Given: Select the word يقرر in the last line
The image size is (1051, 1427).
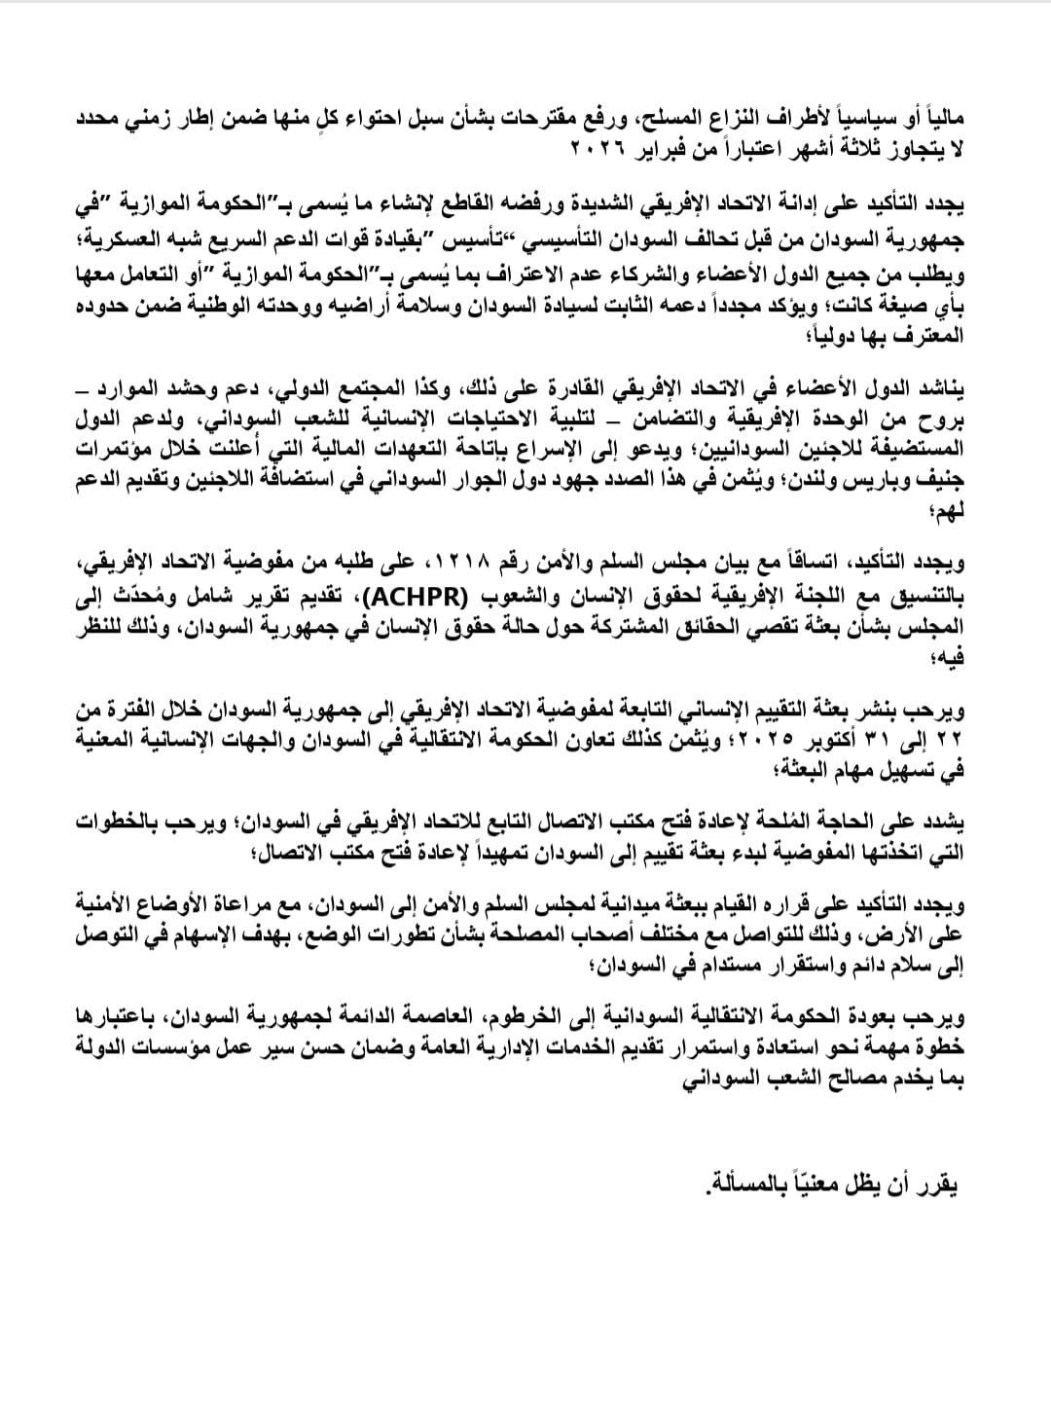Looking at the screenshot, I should click(939, 1186).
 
